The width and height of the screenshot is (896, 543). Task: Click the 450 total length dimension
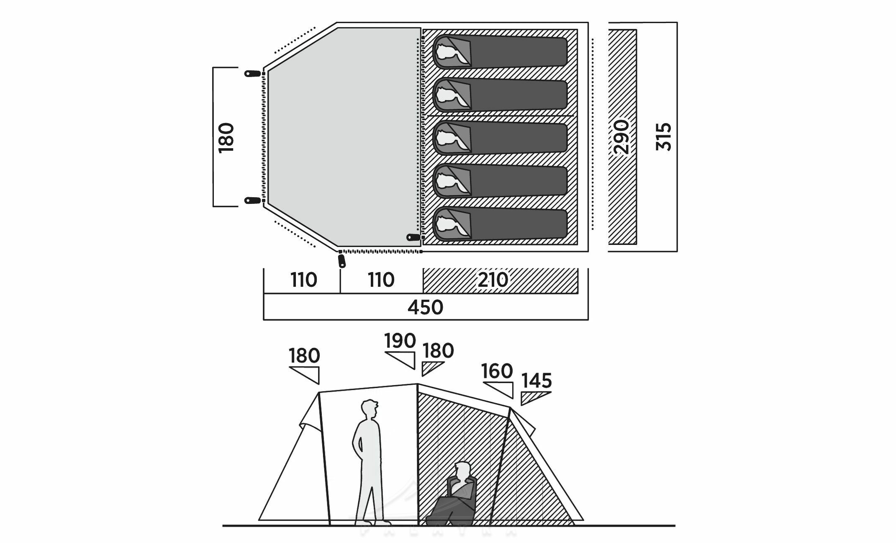point(425,308)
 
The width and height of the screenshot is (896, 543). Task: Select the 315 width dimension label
point(664,136)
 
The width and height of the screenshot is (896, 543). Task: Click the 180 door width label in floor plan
point(226,137)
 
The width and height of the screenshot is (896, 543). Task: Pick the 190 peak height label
point(400,341)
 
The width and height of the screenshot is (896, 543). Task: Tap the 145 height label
point(537,381)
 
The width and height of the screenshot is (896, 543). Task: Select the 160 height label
point(497,371)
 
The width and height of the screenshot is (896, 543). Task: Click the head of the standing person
point(369,408)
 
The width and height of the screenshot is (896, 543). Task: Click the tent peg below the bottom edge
point(342,261)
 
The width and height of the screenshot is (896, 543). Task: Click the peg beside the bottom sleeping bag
point(414,237)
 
